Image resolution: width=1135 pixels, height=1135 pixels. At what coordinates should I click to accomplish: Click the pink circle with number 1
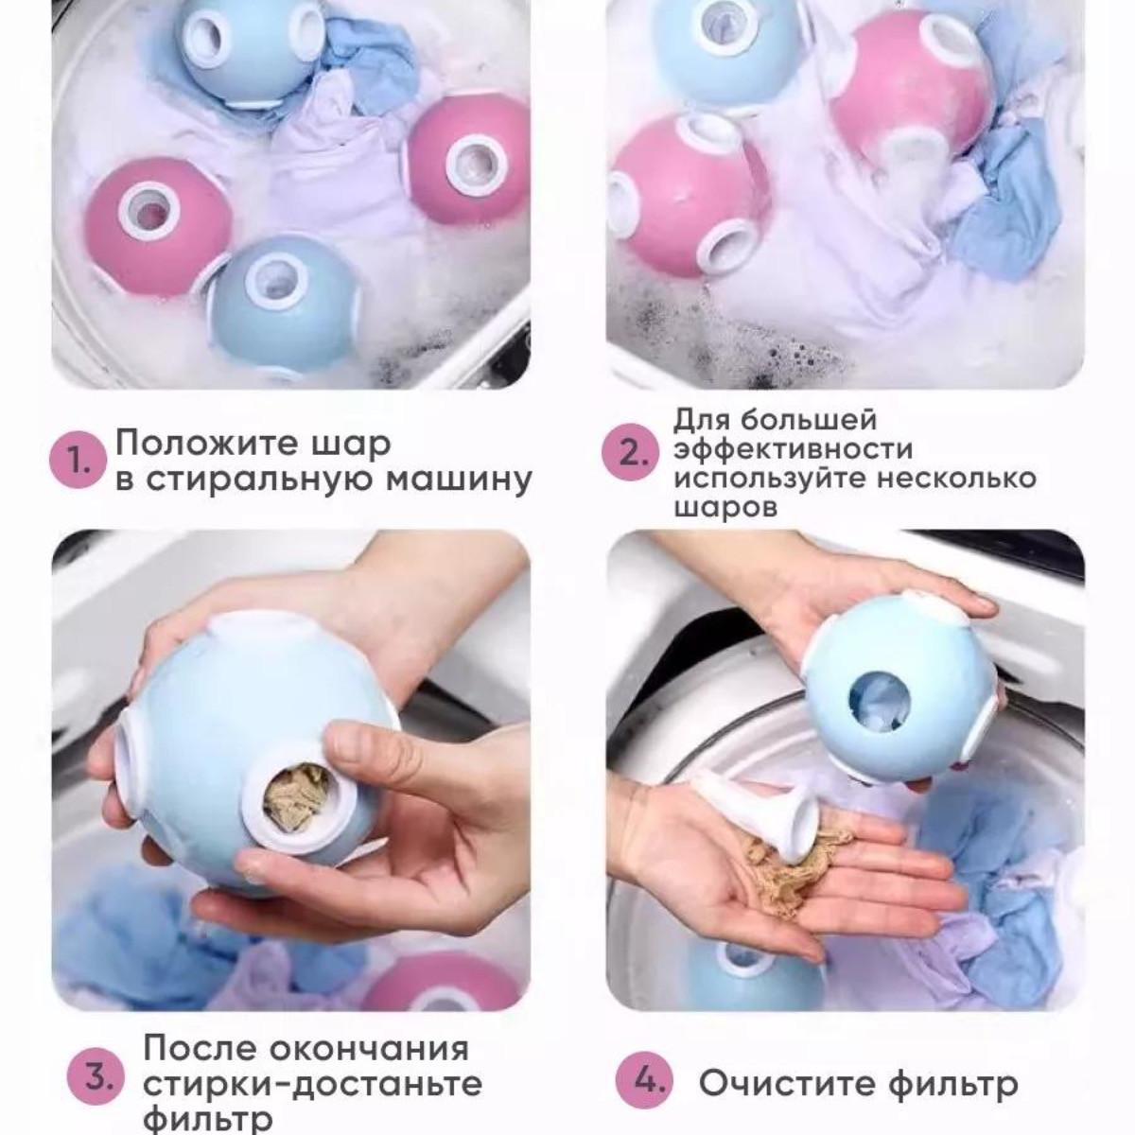coord(78,460)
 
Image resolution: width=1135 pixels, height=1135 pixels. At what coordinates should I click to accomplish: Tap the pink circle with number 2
coord(629,454)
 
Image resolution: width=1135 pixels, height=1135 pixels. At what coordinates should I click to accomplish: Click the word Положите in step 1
coord(210,445)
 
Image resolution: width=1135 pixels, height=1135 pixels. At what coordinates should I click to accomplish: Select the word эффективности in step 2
coord(793,449)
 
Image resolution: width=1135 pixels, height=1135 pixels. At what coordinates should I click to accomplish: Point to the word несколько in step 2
coord(954,478)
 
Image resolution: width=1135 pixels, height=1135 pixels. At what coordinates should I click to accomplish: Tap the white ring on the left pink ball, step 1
coord(148,211)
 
